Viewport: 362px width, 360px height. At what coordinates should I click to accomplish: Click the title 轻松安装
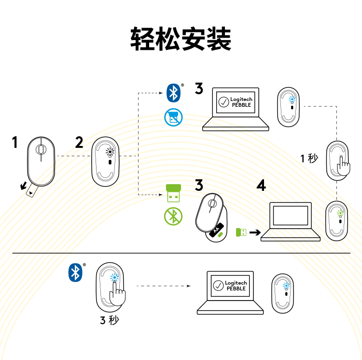coord(181,39)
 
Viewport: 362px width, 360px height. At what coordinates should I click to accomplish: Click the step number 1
coord(15,142)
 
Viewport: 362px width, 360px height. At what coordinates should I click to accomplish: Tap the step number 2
coord(79,142)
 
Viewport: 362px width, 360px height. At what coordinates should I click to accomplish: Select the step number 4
coord(261,185)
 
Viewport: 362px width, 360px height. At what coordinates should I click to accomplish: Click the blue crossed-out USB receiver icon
coord(173,117)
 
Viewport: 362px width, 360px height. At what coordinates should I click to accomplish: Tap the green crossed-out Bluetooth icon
coord(173,216)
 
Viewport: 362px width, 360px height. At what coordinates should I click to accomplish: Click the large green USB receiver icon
coord(173,193)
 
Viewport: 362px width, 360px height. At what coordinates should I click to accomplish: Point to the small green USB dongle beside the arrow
coord(241,232)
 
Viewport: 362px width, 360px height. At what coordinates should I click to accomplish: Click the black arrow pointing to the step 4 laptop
coord(255,232)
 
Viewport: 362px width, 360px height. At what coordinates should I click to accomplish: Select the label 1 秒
coord(309,158)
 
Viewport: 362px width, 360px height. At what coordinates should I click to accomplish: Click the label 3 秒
coord(110,320)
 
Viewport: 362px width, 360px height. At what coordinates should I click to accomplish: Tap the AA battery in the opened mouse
coord(216,230)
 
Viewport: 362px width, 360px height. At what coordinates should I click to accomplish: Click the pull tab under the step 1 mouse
coord(32,190)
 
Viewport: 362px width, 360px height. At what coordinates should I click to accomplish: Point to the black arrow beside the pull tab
coord(23,186)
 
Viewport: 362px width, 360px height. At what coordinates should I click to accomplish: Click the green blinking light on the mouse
coord(340,213)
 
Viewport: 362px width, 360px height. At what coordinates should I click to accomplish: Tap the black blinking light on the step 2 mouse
coord(110,152)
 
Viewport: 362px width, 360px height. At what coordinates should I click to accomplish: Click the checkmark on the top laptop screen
coord(223,102)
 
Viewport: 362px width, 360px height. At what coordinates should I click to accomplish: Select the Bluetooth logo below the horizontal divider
coord(75,273)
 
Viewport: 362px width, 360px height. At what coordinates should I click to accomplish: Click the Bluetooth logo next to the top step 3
coord(173,93)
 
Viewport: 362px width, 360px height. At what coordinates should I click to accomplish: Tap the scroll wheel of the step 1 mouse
coord(41,149)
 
